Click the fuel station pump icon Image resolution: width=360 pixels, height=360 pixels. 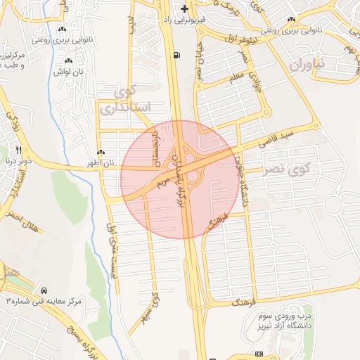[x=175, y=56]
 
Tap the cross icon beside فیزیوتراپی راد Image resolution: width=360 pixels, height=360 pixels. [x=184, y=9]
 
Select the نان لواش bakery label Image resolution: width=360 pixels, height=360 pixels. [x=70, y=72]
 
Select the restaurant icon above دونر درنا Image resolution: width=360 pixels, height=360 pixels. [x=19, y=149]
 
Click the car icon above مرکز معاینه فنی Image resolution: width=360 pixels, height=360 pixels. [x=44, y=290]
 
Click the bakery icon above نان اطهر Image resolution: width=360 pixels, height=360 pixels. [x=101, y=153]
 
